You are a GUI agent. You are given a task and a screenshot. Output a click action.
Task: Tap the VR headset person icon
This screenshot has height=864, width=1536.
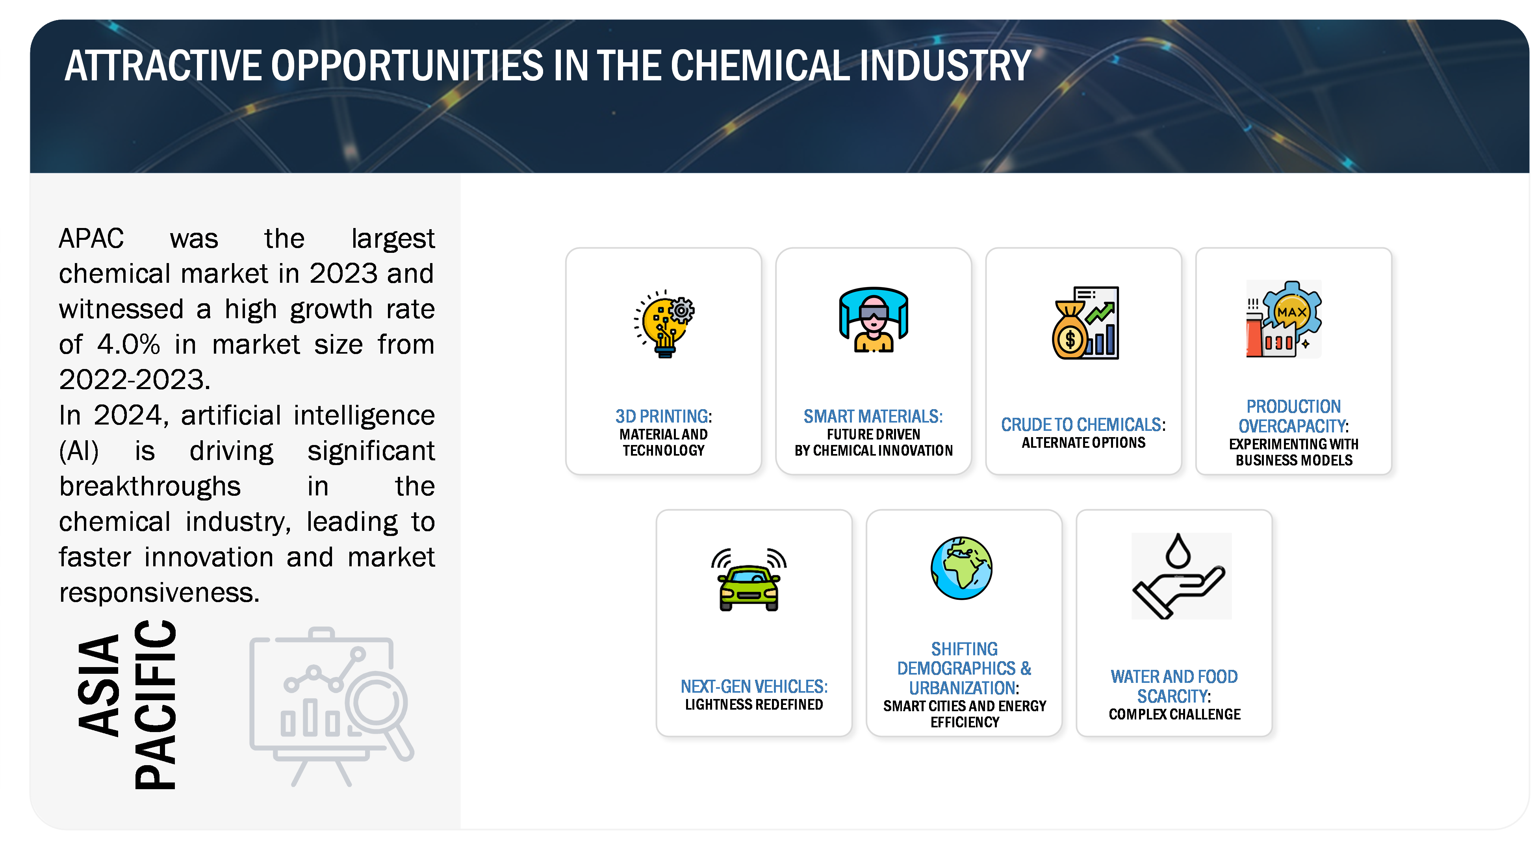click(874, 320)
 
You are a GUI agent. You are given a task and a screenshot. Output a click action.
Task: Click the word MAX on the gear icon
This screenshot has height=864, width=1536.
click(1291, 312)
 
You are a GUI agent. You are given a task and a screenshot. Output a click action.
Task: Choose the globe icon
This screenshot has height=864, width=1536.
click(962, 567)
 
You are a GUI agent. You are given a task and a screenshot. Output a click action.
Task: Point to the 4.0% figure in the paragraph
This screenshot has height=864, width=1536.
click(128, 345)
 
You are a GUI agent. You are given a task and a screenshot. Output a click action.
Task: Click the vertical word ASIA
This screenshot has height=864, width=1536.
click(99, 685)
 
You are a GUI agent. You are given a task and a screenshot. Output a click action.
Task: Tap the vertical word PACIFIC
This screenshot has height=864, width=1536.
click(156, 705)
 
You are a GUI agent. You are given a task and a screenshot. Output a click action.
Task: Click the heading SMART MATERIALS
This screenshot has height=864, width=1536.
click(873, 416)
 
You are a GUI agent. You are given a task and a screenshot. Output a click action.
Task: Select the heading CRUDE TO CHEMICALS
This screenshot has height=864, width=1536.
click(1083, 425)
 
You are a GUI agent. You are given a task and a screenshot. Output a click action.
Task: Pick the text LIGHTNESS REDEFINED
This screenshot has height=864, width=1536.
click(754, 705)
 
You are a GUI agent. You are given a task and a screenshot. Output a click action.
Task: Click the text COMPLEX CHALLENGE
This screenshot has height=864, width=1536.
click(1175, 714)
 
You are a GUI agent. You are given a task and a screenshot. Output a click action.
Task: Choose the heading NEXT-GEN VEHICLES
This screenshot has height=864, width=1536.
click(754, 686)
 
